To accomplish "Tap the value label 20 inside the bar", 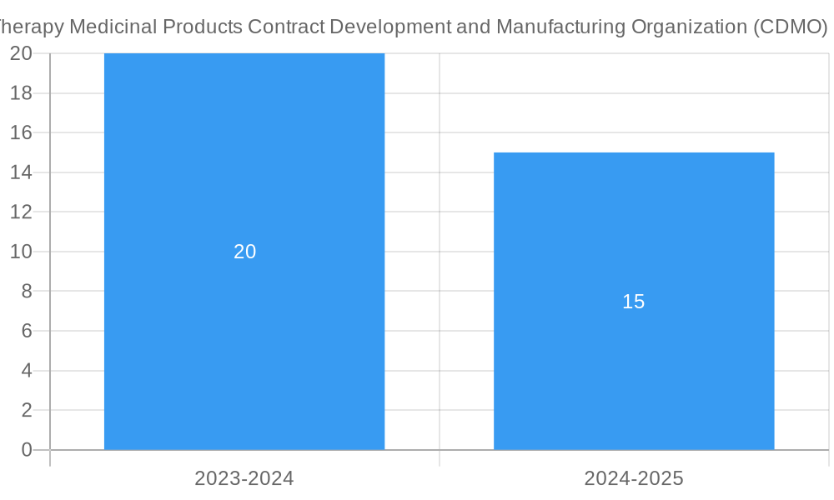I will (244, 252).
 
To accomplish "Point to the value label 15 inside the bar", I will (634, 302).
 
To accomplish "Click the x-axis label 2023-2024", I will (244, 478).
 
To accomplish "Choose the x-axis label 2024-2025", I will (634, 478).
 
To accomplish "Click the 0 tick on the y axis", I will (26, 450).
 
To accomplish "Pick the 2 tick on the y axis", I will (26, 410).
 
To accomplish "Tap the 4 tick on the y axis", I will (26, 371).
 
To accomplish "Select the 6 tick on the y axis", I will (26, 331).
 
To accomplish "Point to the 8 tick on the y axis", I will (26, 291).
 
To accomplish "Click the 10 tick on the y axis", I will (21, 252).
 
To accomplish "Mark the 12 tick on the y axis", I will (21, 212).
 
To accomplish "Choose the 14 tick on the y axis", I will (21, 172).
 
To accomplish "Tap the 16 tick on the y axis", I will (21, 132).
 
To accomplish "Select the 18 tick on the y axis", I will (21, 92).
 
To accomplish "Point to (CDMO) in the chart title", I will (790, 27).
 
